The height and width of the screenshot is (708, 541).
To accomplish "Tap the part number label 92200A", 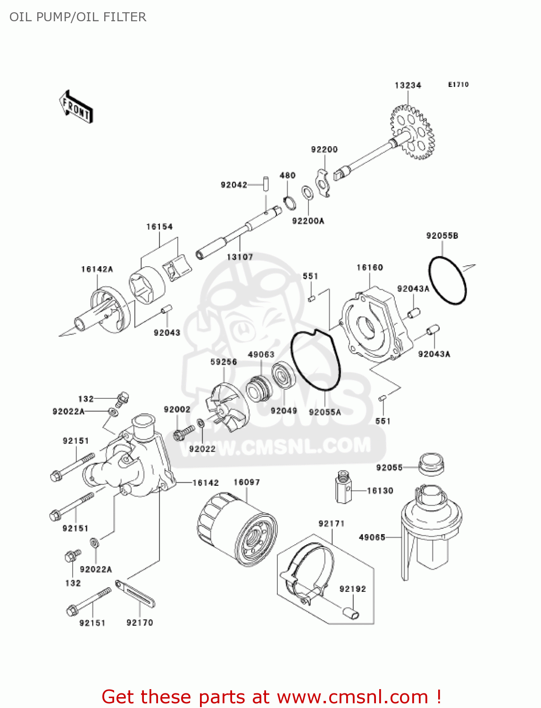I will (x=308, y=221).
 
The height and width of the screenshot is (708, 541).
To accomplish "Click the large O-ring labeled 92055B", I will (x=447, y=280).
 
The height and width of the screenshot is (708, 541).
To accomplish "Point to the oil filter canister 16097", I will (x=237, y=529).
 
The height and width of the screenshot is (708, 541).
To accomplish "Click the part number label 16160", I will (x=370, y=268).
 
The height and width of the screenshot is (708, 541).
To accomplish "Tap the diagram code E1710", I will (x=458, y=84).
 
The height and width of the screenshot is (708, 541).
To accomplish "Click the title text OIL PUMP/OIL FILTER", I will (x=78, y=17).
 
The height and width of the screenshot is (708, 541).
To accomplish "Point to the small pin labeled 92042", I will (x=266, y=183).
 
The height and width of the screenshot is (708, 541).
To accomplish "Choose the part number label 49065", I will (x=372, y=537).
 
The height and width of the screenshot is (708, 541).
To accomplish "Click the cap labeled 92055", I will (x=431, y=465).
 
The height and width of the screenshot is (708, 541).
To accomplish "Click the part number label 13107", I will (x=240, y=257).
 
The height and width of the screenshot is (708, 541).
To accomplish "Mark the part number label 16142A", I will (x=97, y=269).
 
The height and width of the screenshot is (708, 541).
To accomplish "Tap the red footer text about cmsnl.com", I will (x=271, y=697).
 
